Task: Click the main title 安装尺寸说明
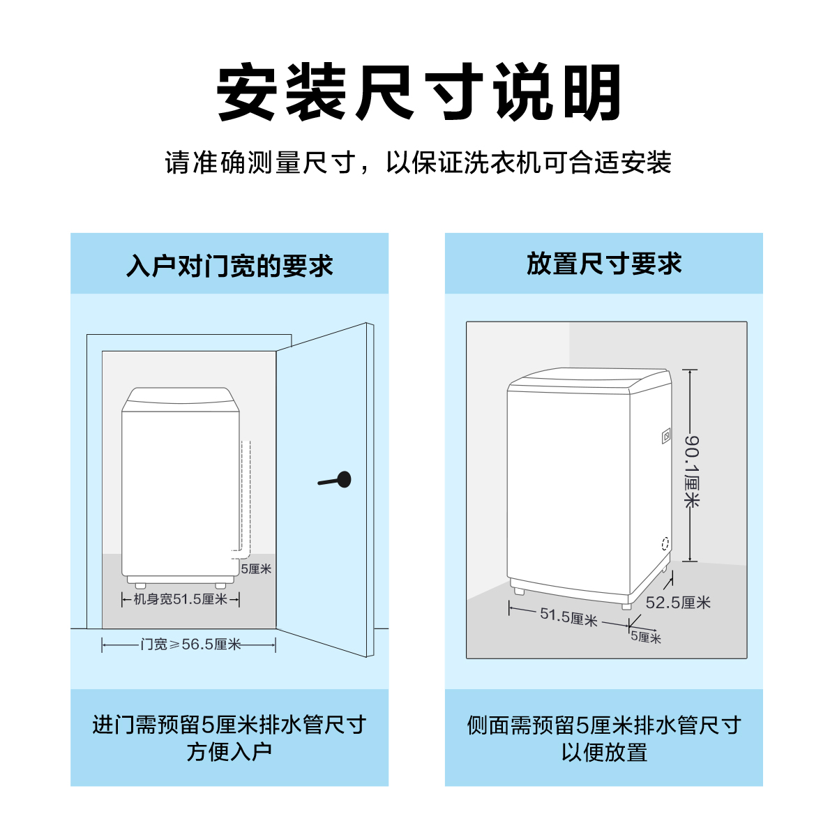(418, 91)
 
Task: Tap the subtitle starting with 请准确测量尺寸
(418, 163)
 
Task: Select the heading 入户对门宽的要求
(229, 265)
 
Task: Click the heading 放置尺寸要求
(604, 264)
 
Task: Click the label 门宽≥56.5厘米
(190, 644)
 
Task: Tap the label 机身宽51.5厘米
(180, 599)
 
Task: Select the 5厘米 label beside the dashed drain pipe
(256, 568)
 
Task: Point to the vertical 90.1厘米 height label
(691, 472)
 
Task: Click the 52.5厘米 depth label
(678, 603)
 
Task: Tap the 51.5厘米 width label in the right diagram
(569, 617)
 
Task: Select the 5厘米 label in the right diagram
(646, 638)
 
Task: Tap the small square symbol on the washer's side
(666, 436)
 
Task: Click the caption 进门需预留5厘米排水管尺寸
(229, 725)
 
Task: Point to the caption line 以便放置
(604, 753)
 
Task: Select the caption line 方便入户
(229, 752)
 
